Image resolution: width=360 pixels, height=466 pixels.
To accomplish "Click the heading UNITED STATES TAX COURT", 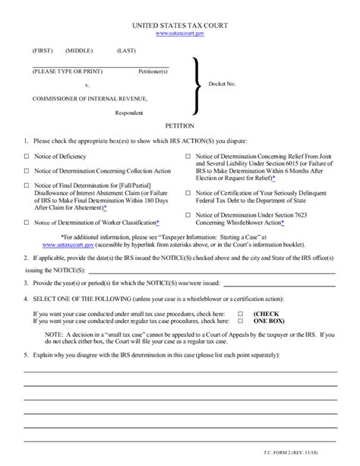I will coord(180,24).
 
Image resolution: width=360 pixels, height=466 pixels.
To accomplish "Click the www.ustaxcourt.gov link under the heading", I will coord(180,33).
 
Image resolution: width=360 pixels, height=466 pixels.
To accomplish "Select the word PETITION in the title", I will coord(180,126).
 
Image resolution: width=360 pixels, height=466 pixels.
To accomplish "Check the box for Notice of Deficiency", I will coord(27,156).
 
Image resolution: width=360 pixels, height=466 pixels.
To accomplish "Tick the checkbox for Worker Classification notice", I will coord(27,223).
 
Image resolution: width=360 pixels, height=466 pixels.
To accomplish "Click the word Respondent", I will coord(129,113).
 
